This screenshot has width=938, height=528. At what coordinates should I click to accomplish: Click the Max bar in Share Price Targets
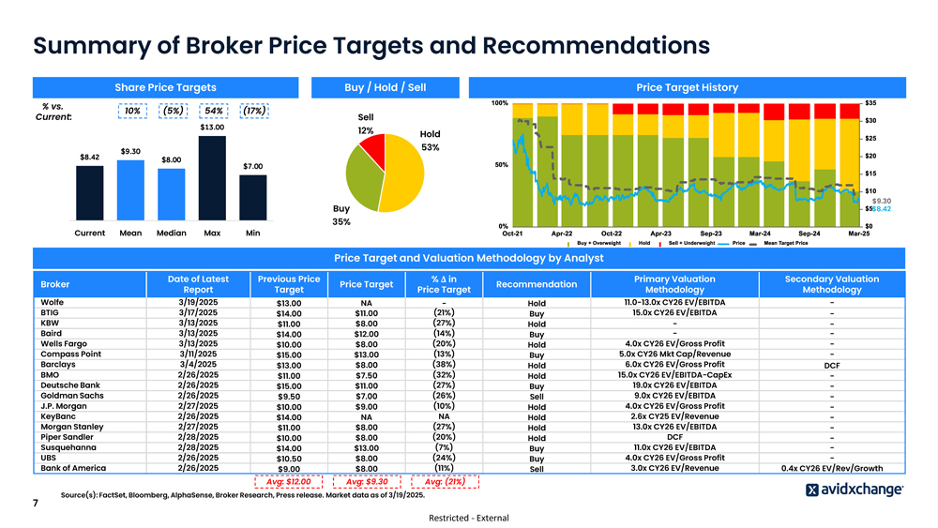213,178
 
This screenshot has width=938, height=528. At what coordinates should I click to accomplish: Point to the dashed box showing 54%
213,111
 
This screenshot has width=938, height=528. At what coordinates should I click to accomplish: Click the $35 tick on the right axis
870,102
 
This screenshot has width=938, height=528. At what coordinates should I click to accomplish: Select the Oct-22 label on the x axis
611,234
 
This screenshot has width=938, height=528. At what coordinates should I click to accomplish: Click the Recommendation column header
536,284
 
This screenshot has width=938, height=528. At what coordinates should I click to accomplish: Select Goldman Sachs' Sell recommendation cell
536,397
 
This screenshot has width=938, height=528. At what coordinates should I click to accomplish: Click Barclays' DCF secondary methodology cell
831,366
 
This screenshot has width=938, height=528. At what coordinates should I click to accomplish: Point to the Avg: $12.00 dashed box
289,482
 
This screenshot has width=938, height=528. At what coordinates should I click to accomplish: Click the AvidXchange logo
855,490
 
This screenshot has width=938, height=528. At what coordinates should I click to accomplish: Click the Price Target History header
687,87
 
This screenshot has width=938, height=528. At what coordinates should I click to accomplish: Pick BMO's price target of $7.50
366,376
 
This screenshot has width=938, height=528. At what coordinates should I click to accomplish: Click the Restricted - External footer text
468,519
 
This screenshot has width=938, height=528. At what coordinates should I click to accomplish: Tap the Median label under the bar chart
171,233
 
